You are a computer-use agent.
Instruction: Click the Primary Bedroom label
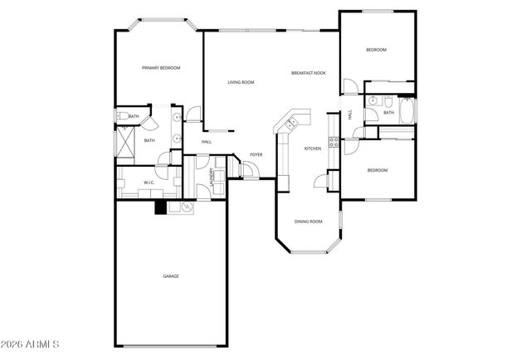pos(161,68)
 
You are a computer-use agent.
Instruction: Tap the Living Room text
pos(241,82)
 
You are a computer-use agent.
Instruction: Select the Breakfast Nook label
pos(308,73)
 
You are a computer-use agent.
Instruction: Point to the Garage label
pos(171,276)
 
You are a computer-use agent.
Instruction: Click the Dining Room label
pos(309,221)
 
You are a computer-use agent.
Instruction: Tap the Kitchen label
pos(312,148)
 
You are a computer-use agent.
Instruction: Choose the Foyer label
pos(256,155)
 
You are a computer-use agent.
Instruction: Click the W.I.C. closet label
pos(149,182)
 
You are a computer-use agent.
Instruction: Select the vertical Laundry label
pos(212,178)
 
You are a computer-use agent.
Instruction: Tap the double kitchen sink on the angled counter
pos(290,124)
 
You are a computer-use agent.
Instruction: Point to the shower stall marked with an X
pos(126,143)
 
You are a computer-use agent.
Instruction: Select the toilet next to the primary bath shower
pos(121,117)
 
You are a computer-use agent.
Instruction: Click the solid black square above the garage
pos(160,208)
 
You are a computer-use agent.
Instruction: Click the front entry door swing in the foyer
pos(248,170)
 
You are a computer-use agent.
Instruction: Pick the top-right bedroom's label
pos(377,51)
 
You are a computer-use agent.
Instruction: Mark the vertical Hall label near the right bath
pos(350,115)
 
